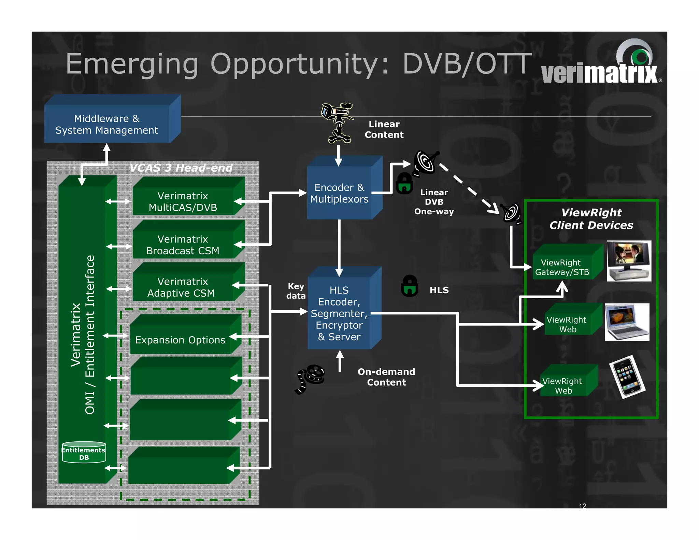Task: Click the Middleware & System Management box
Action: [x=106, y=124]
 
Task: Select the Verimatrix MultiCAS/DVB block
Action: [x=183, y=201]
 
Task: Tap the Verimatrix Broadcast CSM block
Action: [x=183, y=245]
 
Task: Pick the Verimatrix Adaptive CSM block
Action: [x=182, y=287]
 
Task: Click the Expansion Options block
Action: [x=180, y=340]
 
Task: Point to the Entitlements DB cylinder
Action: [x=84, y=453]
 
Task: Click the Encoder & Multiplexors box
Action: [x=339, y=193]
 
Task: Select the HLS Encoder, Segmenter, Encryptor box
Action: [x=339, y=313]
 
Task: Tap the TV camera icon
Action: [x=337, y=122]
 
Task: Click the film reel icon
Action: [x=310, y=378]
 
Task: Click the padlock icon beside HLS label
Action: [x=410, y=286]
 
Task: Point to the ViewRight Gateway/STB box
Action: [x=562, y=267]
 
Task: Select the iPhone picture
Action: [x=627, y=377]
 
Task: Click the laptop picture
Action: [x=627, y=322]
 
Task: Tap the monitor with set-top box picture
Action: [x=629, y=261]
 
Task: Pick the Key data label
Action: [x=296, y=291]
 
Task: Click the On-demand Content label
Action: [x=386, y=377]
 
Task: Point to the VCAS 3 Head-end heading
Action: [x=181, y=168]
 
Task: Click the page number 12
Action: [x=583, y=506]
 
